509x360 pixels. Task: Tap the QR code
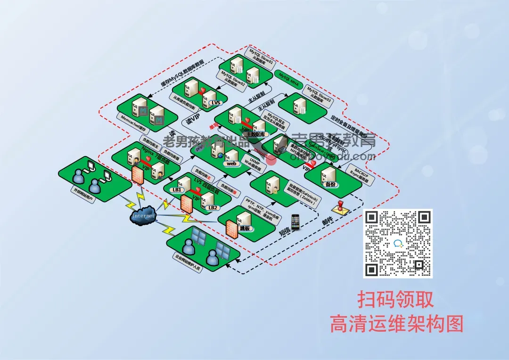tap(398, 243)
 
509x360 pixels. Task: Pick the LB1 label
tap(177, 190)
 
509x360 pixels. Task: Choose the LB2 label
tap(213, 207)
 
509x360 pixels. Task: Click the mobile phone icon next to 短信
tap(296, 222)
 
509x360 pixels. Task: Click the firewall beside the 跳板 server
tap(231, 229)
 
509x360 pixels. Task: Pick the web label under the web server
tap(232, 164)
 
